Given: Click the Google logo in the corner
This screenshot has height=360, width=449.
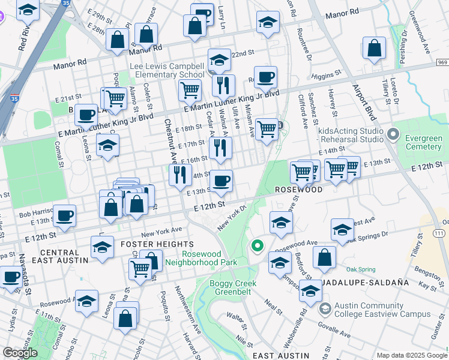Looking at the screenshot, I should coord(20,353).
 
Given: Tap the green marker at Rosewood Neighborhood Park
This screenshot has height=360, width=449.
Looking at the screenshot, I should coord(258,246).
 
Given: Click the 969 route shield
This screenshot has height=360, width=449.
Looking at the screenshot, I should coord(442,62).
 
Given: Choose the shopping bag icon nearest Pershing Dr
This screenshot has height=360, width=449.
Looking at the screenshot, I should coord(374,50).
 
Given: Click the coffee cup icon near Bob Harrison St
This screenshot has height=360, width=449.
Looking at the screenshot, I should coord(64,215).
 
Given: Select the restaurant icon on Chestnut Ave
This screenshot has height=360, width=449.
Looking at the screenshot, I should coord(179,175).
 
